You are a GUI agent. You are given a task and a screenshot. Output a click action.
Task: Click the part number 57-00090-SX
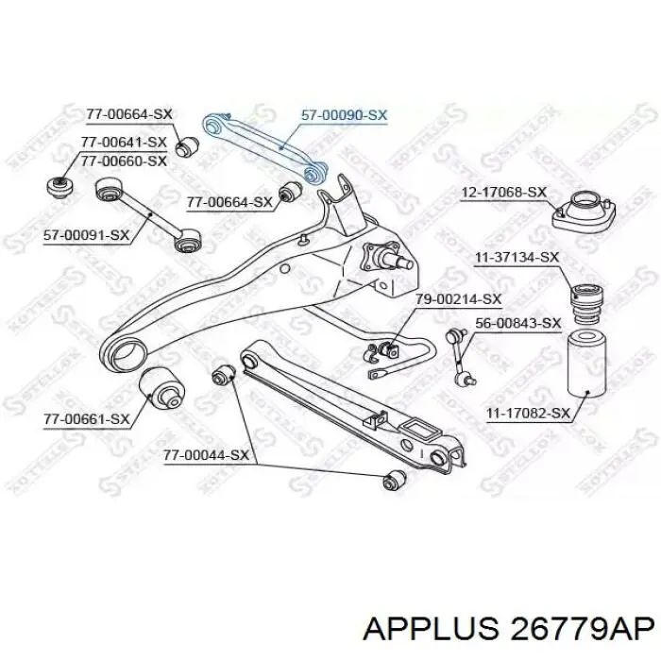coord(344,115)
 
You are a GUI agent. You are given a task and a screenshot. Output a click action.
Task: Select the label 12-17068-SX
coord(503,193)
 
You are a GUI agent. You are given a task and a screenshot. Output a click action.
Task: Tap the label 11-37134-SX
coord(517,258)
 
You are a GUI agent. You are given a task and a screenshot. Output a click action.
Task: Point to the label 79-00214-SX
coord(458,299)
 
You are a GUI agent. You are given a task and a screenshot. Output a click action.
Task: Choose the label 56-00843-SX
coord(518,323)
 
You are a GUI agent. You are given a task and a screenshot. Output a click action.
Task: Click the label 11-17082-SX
coord(529,414)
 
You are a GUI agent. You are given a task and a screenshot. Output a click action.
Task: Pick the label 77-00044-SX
coord(206,456)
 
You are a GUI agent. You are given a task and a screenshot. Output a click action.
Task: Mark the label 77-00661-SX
coord(87,419)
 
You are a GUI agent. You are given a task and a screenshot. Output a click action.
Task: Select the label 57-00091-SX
coord(87,235)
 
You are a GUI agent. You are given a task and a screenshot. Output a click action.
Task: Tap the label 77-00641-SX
coord(124,142)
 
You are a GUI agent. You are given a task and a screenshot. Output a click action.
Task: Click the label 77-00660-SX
coord(124,161)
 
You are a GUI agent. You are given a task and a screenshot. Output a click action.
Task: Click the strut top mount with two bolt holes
coord(584,212)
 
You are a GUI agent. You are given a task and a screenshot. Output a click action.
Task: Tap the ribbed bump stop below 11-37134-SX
coord(586,305)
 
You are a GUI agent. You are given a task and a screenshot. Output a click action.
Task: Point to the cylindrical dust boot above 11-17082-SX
coord(586,366)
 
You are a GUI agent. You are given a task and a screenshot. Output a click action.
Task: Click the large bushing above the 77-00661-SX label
coord(161,389)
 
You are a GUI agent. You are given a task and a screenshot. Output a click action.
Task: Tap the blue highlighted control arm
coord(265,148)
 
